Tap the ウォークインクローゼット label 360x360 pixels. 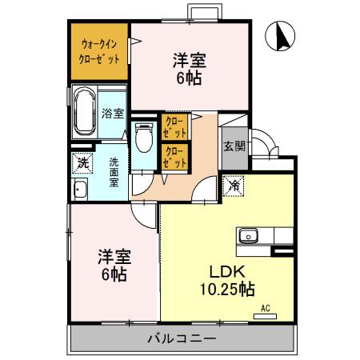pos(100,51)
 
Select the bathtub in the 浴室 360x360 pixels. pos(84,113)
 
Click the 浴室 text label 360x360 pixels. pos(113,113)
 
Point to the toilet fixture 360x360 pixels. pos(143,138)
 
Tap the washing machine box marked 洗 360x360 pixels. pos(82,162)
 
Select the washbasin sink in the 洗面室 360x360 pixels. pos(80,190)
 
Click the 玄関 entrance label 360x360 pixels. pos(234,146)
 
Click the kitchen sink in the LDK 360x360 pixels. pos(248,236)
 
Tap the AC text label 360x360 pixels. pos(266,306)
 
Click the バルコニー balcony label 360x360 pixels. pos(182,338)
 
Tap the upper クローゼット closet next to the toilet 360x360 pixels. pos(174,126)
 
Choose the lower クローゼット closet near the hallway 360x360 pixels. pos(174,155)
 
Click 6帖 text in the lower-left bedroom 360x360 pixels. pos(112,274)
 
